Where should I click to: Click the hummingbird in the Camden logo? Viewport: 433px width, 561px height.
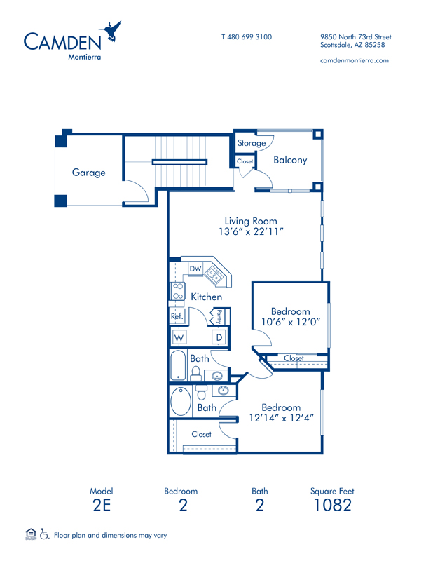click(111, 32)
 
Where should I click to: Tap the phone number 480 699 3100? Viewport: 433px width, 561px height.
click(249, 37)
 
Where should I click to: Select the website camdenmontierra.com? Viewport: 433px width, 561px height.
click(355, 60)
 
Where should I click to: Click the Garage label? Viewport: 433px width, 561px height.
click(89, 173)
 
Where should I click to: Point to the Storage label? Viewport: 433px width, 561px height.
click(252, 143)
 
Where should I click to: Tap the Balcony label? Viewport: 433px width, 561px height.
click(290, 160)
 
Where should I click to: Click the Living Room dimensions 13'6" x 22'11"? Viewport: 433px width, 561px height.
click(251, 231)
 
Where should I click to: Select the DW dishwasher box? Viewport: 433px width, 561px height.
click(195, 269)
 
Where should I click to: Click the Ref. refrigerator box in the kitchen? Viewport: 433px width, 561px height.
click(177, 316)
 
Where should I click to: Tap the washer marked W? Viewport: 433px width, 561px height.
click(179, 337)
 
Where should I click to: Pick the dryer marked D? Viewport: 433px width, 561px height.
click(219, 337)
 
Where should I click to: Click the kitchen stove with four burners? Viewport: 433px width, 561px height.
click(178, 291)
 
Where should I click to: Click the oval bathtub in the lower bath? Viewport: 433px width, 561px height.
click(181, 401)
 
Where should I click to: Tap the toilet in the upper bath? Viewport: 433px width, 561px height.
click(195, 373)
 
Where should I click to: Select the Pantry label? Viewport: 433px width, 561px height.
click(219, 317)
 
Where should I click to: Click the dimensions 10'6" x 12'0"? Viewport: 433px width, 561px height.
click(291, 322)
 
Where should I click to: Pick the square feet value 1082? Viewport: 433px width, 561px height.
click(333, 505)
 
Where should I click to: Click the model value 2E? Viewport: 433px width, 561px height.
click(102, 505)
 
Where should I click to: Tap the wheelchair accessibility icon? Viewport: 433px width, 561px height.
click(44, 534)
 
